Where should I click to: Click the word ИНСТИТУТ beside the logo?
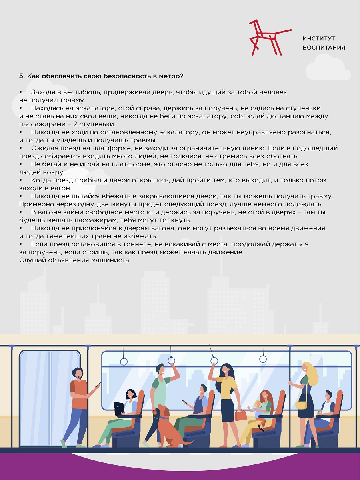pos(319,38)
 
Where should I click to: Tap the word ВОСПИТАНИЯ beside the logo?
pos(324,48)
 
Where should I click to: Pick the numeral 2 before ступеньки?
pos(75,124)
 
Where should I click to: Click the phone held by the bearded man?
pos(98,384)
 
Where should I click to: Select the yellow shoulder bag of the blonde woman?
pos(301,405)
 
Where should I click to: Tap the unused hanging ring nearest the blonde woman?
pos(263,359)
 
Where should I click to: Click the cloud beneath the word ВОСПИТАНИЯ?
pos(328,68)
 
